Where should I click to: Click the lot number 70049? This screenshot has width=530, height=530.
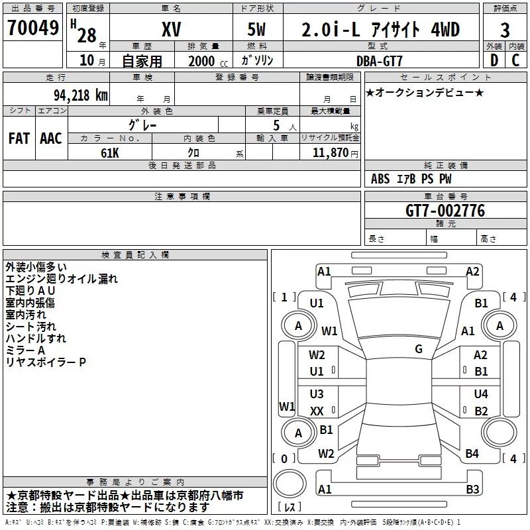[x=32, y=28]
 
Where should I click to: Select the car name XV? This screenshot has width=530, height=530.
[x=172, y=29]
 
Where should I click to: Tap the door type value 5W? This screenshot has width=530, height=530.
[x=256, y=29]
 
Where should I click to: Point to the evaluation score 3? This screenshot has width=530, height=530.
[x=505, y=30]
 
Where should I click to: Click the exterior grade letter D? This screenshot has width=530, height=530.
[x=494, y=60]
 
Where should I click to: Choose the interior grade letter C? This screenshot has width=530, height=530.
[x=515, y=60]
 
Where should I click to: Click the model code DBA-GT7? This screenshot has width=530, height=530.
[x=380, y=61]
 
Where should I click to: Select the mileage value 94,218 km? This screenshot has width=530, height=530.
[x=81, y=95]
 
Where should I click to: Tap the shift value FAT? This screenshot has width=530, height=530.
[x=19, y=138]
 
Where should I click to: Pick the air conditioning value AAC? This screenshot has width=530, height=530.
[x=51, y=138]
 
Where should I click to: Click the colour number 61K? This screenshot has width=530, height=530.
[x=110, y=153]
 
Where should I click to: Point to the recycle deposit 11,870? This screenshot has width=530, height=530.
[x=331, y=152]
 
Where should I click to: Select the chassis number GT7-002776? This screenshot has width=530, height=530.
[x=445, y=211]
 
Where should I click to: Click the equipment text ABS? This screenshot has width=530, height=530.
[x=380, y=179]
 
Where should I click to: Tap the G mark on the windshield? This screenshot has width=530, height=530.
[x=419, y=349]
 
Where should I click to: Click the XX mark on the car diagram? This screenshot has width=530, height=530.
[x=317, y=411]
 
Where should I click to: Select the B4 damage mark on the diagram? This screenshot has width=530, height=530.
[x=472, y=453]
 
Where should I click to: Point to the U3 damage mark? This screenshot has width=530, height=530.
[x=317, y=394]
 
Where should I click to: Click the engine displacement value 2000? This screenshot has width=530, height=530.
[x=201, y=61]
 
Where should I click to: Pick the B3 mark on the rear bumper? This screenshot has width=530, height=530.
[x=472, y=489]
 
